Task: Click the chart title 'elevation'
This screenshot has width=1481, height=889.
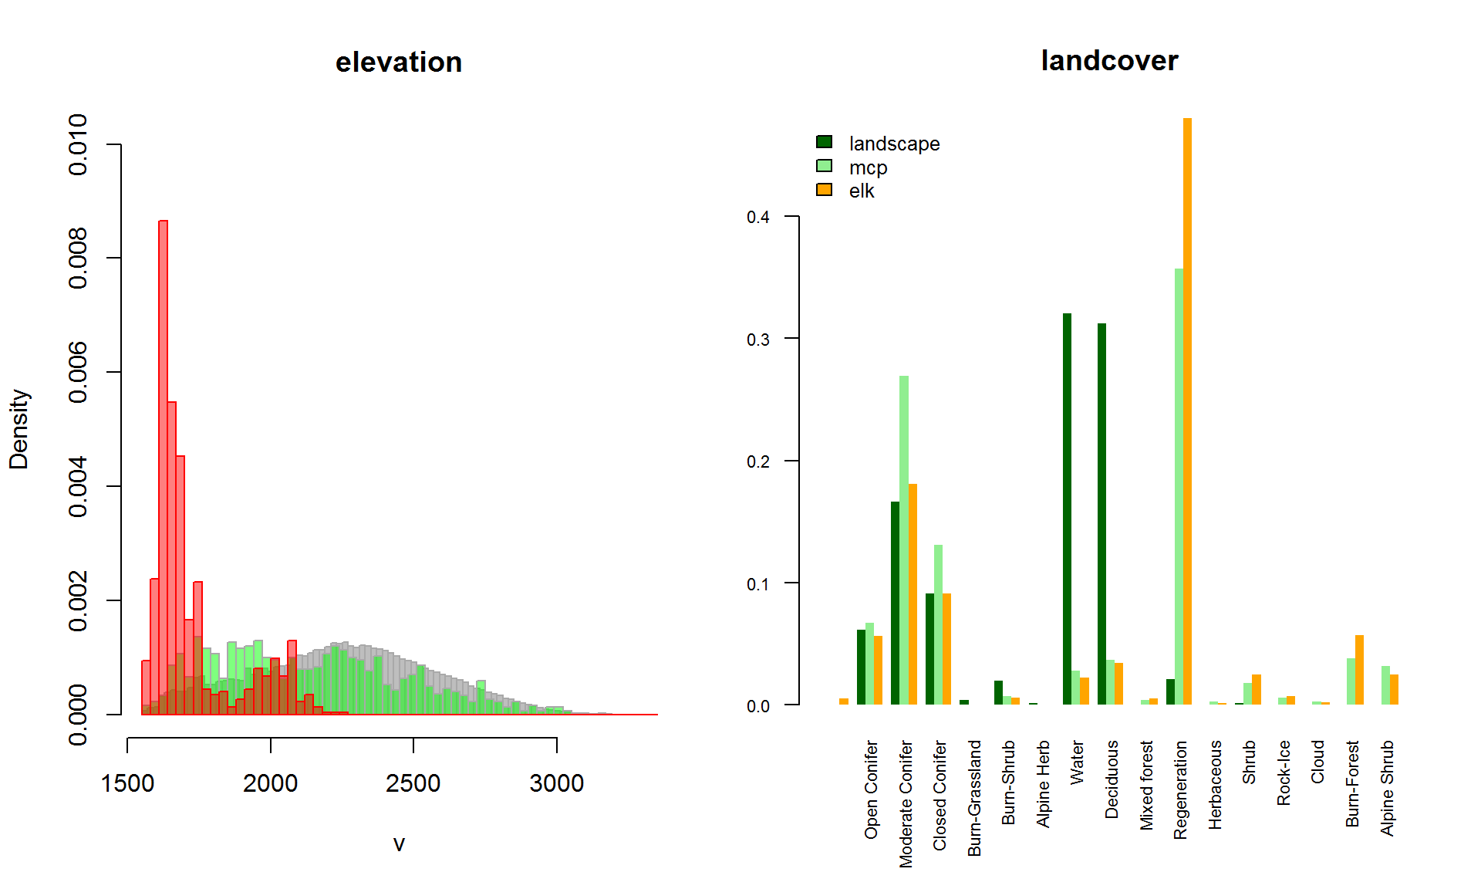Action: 398,63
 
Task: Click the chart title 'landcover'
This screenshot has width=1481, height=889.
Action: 1108,61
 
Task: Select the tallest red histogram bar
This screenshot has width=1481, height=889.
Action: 163,463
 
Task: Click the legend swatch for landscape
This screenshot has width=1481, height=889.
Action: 824,142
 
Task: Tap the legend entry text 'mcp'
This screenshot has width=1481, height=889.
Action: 868,167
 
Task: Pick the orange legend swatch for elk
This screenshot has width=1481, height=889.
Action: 824,190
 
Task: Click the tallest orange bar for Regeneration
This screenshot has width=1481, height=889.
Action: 1187,409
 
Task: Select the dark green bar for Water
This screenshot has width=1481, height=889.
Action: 1067,509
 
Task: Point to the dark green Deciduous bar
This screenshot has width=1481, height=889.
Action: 1101,513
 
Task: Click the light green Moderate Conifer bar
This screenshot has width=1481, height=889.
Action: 903,540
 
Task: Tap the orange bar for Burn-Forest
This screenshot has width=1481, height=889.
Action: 1359,670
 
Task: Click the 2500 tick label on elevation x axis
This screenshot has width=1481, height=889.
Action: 413,783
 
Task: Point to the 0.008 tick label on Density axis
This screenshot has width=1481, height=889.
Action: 78,259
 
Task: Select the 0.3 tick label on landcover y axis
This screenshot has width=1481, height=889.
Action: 757,340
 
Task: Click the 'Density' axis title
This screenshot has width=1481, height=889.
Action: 19,429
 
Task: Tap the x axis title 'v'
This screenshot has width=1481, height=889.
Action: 399,843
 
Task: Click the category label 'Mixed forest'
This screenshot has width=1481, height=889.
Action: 1146,785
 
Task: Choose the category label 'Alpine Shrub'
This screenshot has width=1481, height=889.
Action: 1387,787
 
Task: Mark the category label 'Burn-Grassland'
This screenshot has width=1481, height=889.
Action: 974,797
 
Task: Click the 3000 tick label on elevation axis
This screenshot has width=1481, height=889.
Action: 556,783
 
